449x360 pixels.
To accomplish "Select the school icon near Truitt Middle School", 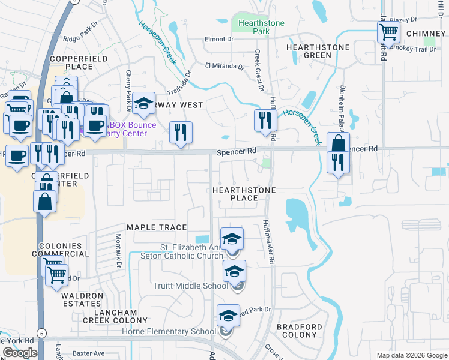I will click(x=234, y=271).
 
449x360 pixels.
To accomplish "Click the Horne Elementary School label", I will click(x=169, y=332).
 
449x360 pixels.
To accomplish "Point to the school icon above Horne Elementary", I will click(x=228, y=315).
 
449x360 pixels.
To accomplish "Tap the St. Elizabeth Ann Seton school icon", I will click(x=232, y=239).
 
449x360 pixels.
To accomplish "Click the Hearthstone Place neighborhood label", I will click(x=244, y=194).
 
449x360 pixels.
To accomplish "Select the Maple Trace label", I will click(x=157, y=227).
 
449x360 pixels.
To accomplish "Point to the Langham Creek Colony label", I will click(x=123, y=317).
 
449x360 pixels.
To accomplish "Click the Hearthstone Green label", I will click(x=309, y=51).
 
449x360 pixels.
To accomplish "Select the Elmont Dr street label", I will click(x=218, y=39).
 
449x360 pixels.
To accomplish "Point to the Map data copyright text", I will click(x=411, y=355).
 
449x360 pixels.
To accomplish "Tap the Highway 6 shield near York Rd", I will click(x=41, y=332).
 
